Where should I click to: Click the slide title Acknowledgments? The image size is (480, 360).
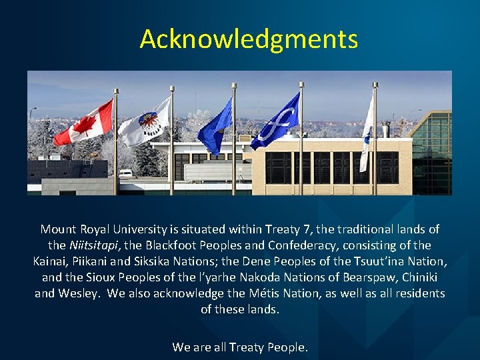click(x=248, y=39)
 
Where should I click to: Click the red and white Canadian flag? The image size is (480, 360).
click(x=84, y=124)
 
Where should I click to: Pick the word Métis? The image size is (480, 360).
click(x=267, y=293)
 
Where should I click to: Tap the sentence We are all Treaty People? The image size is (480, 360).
click(x=240, y=347)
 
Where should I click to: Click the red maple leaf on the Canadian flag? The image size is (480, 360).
click(x=85, y=124)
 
